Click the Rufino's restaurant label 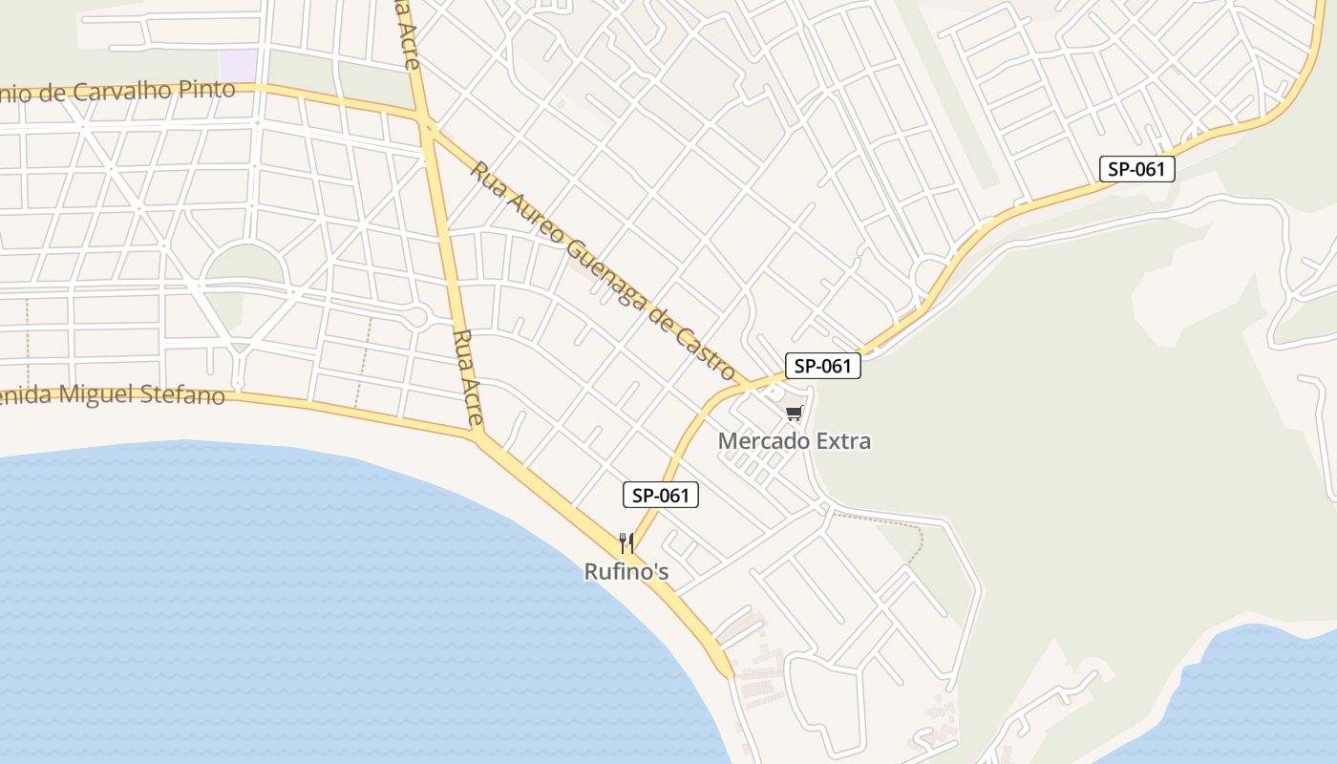[x=626, y=572]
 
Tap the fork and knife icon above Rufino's [x=626, y=543]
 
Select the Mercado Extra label [x=795, y=441]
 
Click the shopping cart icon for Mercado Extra [x=794, y=414]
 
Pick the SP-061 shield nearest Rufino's [x=661, y=495]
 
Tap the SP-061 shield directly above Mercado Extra [x=823, y=366]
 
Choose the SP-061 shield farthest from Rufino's [x=1136, y=169]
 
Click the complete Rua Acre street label [x=468, y=378]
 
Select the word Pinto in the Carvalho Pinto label [x=202, y=90]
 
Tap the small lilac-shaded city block [x=238, y=65]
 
